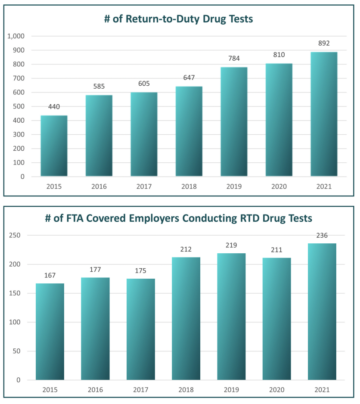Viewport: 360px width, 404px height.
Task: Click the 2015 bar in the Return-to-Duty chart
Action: point(54,146)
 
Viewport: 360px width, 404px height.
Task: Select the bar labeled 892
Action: point(323,114)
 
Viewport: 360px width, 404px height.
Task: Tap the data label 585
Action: point(99,87)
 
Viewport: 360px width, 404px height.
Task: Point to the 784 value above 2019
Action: point(234,59)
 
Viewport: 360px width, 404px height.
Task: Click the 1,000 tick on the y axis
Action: point(16,36)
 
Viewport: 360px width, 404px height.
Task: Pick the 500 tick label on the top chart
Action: point(19,106)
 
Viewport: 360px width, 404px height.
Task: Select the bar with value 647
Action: point(189,131)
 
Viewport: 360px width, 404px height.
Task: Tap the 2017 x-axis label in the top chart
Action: point(144,186)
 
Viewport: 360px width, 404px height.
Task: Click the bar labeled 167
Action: point(50,332)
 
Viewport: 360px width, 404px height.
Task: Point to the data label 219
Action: point(231,245)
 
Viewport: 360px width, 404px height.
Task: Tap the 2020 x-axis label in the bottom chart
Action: point(276,390)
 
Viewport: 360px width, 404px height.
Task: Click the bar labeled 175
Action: point(141,329)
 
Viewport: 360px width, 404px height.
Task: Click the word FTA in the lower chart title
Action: point(62,218)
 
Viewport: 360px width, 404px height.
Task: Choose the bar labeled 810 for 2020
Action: point(279,120)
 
